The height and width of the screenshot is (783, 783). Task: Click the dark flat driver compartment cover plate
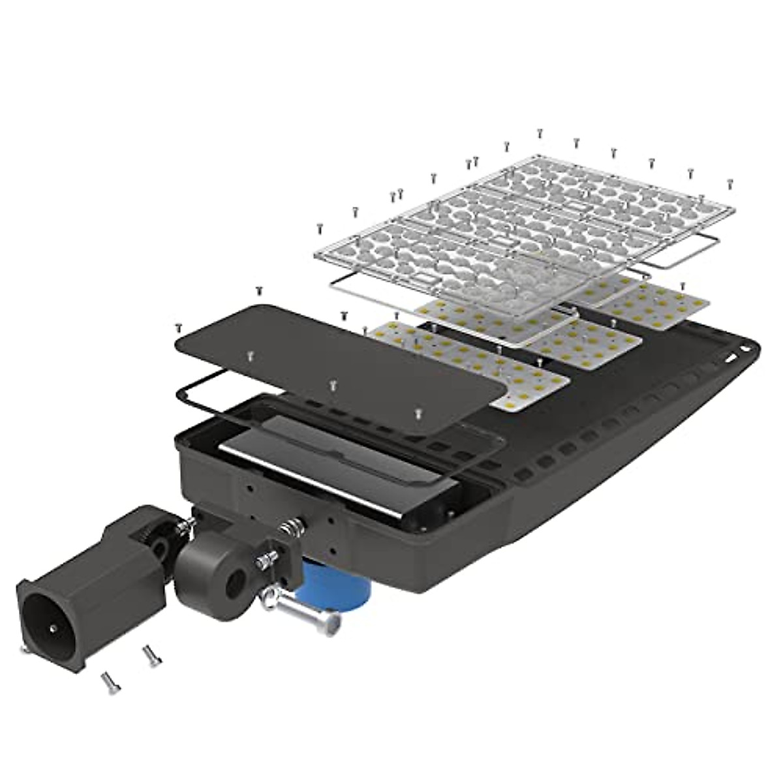[339, 362]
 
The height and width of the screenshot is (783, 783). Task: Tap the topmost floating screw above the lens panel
[540, 133]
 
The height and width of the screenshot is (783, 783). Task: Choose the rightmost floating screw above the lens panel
[729, 185]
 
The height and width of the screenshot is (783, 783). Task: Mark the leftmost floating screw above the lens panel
[320, 228]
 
